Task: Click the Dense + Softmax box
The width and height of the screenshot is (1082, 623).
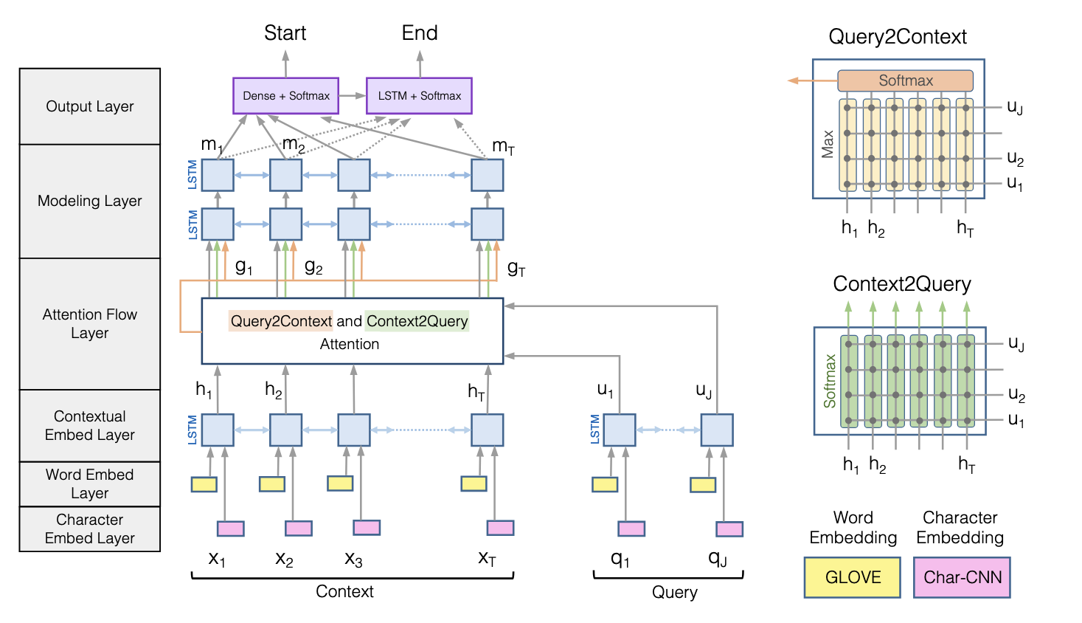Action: (285, 96)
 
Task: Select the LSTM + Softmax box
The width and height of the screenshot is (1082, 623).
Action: (419, 96)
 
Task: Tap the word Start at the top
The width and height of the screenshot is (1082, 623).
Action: (285, 33)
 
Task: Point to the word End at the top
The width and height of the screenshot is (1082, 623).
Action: (420, 33)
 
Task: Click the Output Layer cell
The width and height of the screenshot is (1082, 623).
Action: (90, 106)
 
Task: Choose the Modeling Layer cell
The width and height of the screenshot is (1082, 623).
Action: (90, 201)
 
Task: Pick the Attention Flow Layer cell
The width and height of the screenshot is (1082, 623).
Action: (90, 323)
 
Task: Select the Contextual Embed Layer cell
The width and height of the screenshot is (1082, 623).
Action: (90, 426)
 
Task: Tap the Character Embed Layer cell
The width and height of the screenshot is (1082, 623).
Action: (90, 529)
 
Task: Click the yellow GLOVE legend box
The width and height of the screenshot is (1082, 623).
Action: (853, 577)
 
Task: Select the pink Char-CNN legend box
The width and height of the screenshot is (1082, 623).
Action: (962, 577)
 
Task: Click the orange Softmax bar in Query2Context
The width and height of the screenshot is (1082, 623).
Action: (905, 80)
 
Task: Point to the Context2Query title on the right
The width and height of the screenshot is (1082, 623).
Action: (901, 284)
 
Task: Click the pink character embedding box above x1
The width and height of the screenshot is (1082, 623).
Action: (230, 529)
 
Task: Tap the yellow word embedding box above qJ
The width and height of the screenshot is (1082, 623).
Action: (703, 485)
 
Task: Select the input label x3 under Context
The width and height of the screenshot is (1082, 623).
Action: (353, 559)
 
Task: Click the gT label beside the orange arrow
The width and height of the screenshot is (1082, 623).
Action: (516, 268)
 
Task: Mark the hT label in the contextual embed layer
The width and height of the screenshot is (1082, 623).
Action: (476, 391)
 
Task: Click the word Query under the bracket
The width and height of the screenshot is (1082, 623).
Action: (674, 592)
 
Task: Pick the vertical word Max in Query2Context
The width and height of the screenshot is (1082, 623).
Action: (828, 144)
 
